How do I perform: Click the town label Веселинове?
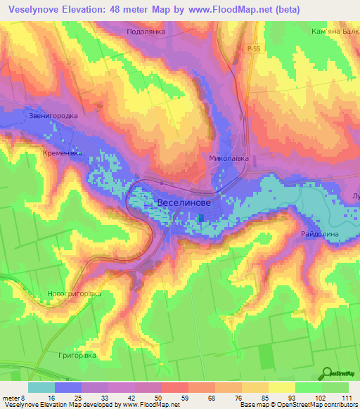point(185,202)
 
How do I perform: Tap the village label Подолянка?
point(146,32)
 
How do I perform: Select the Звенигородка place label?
point(49,116)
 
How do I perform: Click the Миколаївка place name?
point(229,159)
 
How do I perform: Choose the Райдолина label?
point(320,233)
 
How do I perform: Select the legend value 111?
point(345,397)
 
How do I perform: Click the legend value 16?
point(52,397)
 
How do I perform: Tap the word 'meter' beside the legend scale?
point(11,397)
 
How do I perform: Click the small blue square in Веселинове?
point(202,218)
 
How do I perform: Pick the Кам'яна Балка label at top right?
point(334,32)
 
